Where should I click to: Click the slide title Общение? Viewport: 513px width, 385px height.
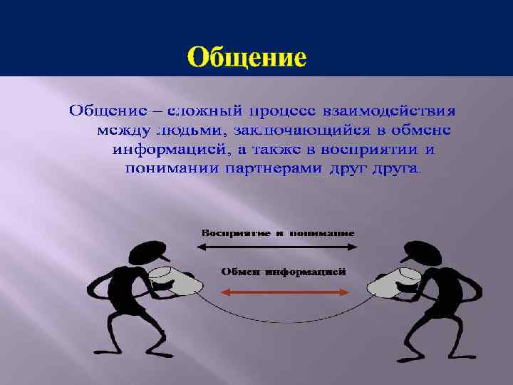click(247, 56)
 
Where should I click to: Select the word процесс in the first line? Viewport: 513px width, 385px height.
click(282, 112)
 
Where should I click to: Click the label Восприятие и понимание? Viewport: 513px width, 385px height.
click(278, 233)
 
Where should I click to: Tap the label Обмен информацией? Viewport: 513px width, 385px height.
click(283, 272)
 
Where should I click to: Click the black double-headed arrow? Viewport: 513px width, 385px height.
click(277, 247)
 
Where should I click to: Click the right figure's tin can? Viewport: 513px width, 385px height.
click(392, 282)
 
